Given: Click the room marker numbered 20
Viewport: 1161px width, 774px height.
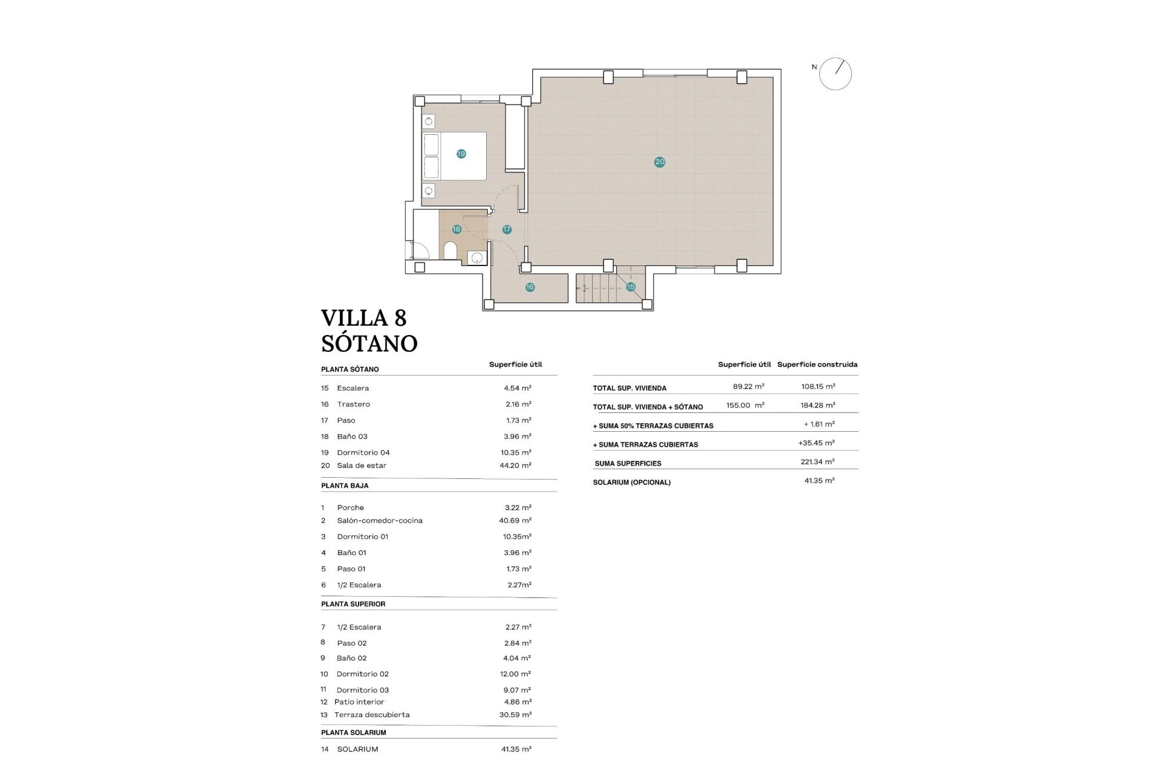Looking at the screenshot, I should click(660, 161).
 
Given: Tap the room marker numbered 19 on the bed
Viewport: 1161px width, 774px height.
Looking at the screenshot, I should click(461, 154).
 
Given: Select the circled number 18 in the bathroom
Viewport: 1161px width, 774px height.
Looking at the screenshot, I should click(457, 229).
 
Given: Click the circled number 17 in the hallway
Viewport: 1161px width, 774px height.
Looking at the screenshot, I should click(507, 229).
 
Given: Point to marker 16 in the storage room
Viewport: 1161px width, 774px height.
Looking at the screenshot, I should click(530, 287).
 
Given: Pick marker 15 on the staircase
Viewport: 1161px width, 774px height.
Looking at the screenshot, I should click(631, 287).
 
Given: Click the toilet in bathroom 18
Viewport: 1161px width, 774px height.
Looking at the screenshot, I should click(450, 250).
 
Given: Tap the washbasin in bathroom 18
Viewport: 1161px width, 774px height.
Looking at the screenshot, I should click(477, 258).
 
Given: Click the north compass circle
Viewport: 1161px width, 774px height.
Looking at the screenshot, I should click(835, 74).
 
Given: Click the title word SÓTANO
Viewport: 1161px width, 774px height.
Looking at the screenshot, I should click(369, 343).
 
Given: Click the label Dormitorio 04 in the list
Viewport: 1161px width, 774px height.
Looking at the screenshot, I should click(363, 452).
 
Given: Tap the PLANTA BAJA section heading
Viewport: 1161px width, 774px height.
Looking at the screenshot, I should click(345, 486).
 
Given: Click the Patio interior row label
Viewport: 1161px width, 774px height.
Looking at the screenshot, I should click(359, 702).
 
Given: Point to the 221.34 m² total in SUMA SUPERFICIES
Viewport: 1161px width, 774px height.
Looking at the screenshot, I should click(818, 462).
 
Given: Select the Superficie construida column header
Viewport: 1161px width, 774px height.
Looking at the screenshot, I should click(817, 365).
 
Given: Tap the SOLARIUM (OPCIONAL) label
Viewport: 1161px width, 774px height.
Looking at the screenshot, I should click(632, 483).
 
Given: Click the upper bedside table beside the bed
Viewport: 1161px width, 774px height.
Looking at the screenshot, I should click(429, 122).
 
